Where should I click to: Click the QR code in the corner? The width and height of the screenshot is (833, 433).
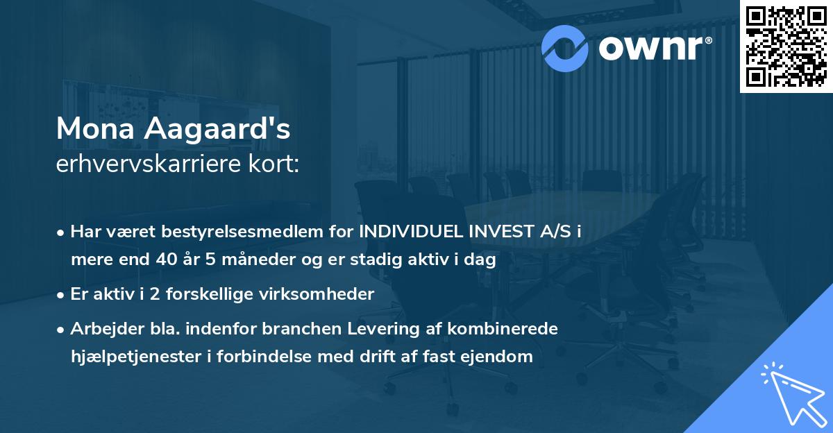786,46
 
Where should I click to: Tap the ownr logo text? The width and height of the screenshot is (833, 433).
654,46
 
